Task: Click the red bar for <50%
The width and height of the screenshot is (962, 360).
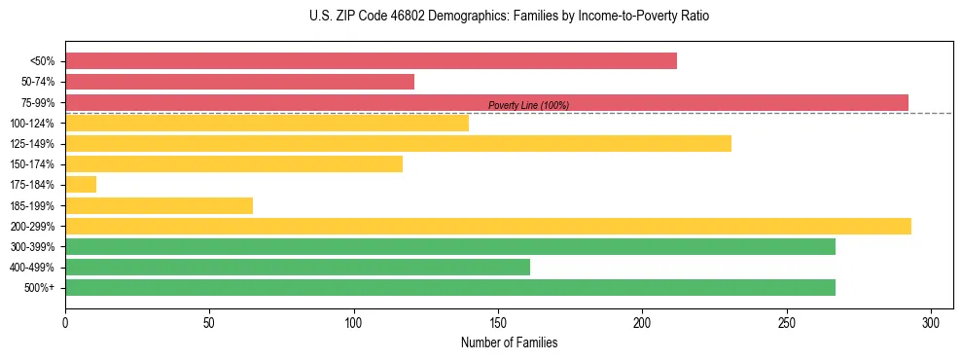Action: tap(371, 61)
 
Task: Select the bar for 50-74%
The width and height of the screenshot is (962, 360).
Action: tap(239, 82)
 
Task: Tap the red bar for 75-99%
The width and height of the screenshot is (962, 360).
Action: tap(486, 102)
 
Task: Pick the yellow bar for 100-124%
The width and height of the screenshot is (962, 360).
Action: tap(267, 123)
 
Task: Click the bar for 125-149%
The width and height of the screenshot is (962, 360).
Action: tap(398, 143)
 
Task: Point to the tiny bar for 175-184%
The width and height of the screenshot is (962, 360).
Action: tap(81, 184)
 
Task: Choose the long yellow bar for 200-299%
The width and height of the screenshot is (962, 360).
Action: tap(487, 226)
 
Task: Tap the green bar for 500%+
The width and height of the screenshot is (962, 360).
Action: tap(449, 287)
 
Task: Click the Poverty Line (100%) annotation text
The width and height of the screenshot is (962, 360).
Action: tap(528, 105)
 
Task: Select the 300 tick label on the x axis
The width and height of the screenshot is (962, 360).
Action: tap(931, 322)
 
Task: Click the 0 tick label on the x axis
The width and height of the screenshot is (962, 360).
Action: tap(65, 322)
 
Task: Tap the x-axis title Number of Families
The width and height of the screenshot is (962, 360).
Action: tap(509, 342)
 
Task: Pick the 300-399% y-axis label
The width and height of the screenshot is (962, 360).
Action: tap(33, 247)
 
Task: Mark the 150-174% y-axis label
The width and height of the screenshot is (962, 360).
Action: tap(33, 164)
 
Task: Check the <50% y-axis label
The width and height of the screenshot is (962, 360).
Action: tap(43, 61)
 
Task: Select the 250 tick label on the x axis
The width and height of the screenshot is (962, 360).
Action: tap(787, 322)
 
